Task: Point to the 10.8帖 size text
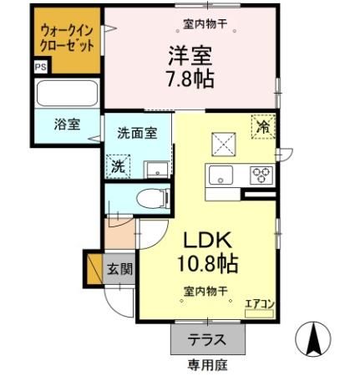click(206, 265)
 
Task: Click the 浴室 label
click(68, 125)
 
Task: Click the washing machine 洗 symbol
click(119, 165)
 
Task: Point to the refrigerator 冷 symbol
click(264, 127)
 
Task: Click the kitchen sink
click(222, 175)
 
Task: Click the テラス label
click(205, 341)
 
